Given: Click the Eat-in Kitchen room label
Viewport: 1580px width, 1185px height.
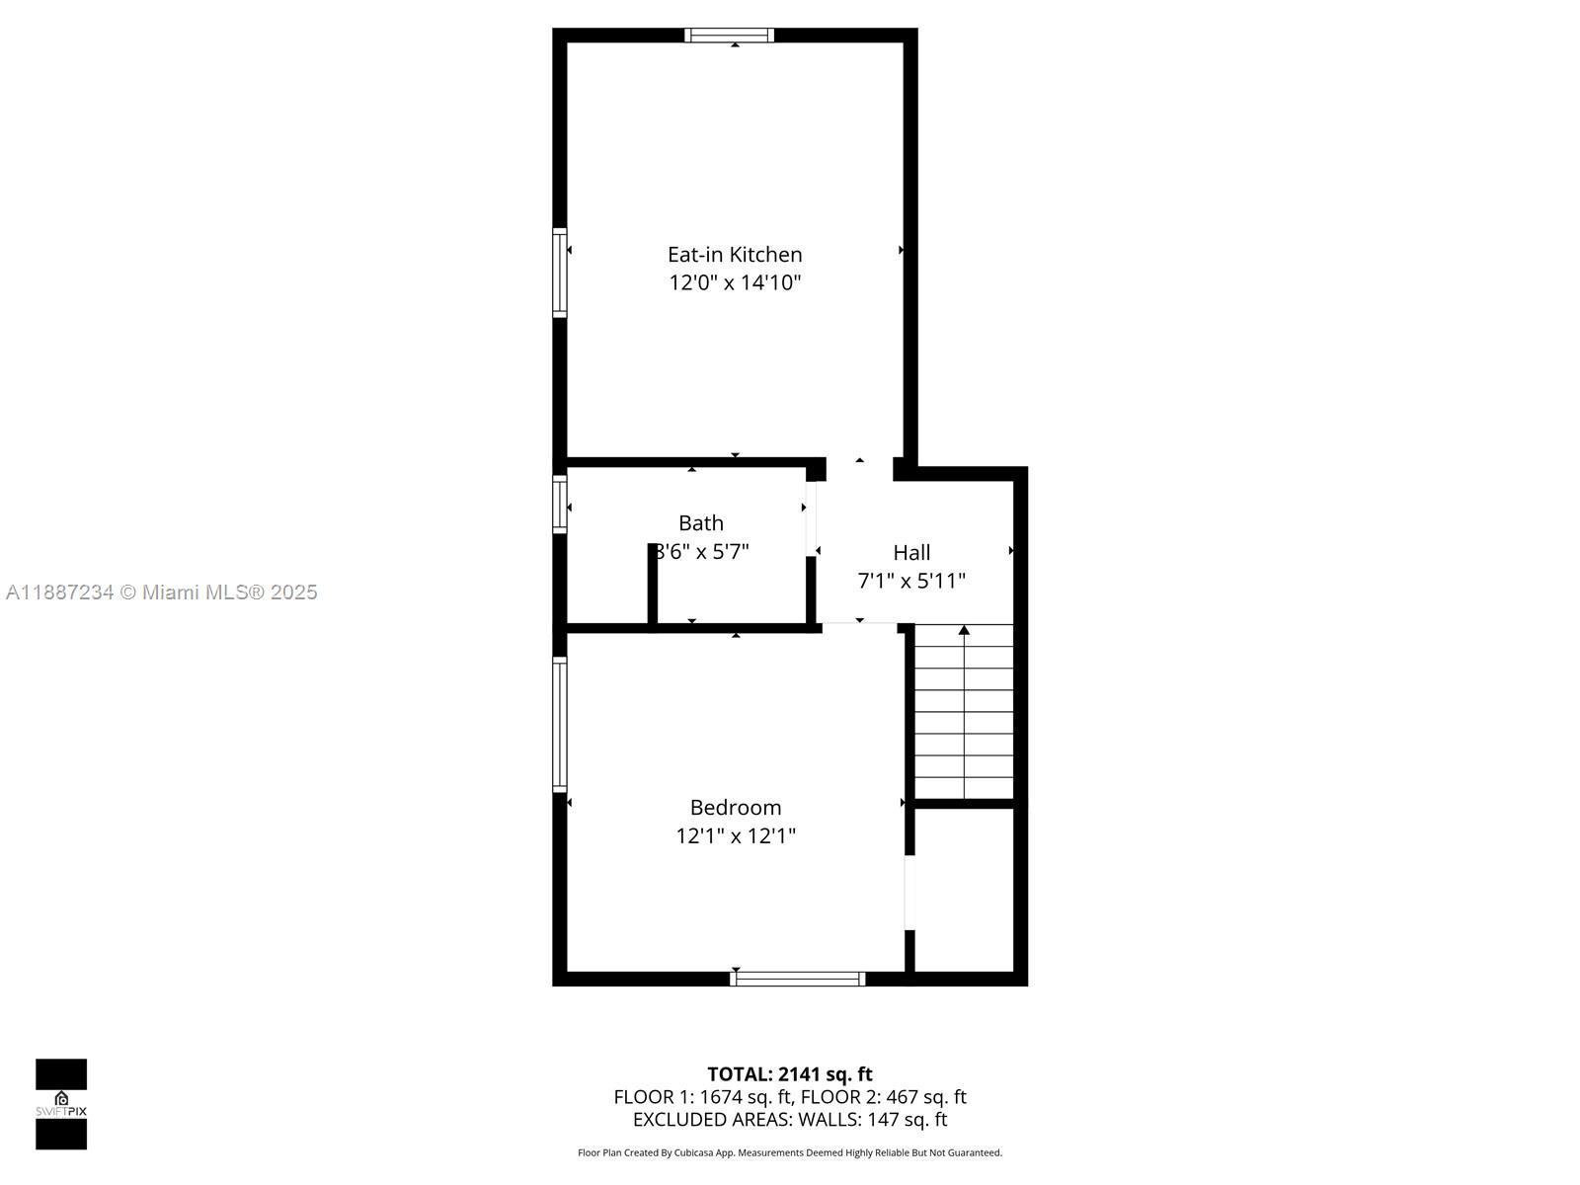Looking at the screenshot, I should tap(735, 255).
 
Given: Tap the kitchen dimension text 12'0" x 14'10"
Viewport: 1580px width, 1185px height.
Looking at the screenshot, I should tap(735, 283).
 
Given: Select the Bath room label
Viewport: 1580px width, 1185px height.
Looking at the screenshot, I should tap(701, 523).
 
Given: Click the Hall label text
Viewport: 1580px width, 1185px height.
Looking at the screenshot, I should tap(911, 553).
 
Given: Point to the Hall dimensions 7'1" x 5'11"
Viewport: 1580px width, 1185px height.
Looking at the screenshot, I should tap(911, 581).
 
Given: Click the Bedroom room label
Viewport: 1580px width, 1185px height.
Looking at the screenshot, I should tap(736, 808).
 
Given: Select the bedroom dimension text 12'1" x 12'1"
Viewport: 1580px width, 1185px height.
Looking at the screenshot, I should tap(736, 836).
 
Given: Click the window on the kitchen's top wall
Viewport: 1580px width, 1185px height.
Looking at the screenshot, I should tap(730, 36).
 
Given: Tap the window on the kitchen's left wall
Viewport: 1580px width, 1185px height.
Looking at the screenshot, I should tap(560, 273).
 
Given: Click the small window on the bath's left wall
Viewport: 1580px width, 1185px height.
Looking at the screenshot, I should tap(560, 505).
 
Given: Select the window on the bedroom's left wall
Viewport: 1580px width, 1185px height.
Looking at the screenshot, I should tap(560, 724).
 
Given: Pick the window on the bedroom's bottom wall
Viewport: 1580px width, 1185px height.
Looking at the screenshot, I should tap(798, 979).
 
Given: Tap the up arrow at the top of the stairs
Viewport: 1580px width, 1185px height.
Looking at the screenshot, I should tap(964, 630).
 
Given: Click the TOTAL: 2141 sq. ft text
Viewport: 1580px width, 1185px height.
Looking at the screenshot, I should tap(790, 1074).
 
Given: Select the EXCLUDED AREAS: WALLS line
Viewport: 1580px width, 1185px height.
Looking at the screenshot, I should tap(790, 1120).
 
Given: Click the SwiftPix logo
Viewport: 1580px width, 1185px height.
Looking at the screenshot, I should tap(61, 1104).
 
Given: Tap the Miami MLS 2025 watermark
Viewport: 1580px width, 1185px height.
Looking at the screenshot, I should tap(162, 592).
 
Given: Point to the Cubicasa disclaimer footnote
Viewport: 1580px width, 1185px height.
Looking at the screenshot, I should tap(790, 1152).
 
